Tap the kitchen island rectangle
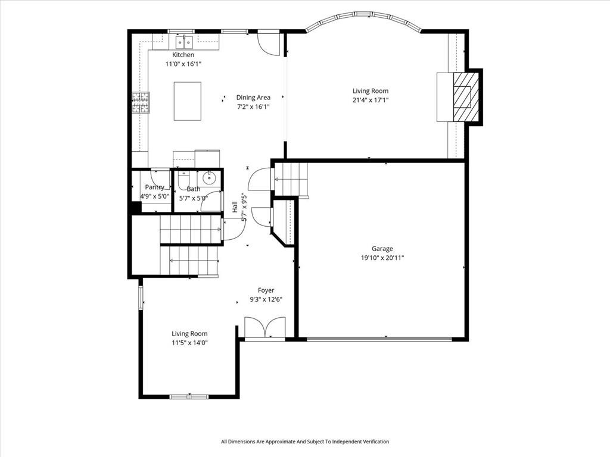(187, 101)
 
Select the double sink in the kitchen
(183, 42)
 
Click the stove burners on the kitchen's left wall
(141, 103)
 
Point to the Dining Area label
(253, 98)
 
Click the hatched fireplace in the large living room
(462, 97)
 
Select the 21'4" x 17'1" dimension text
(370, 100)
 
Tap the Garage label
(382, 249)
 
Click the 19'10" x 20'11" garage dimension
(382, 258)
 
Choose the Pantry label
(154, 187)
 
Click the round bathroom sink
(209, 177)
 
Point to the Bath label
(193, 189)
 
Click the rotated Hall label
(235, 206)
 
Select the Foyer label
(266, 290)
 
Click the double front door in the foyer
(265, 328)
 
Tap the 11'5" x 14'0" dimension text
(189, 343)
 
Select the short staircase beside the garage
(291, 179)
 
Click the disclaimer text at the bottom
(304, 442)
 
